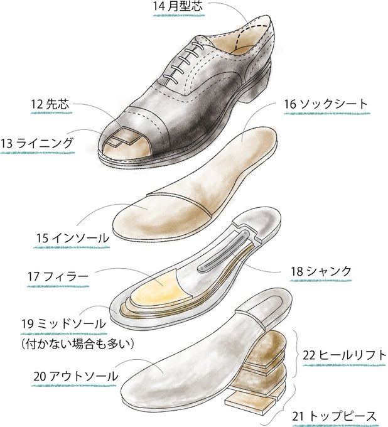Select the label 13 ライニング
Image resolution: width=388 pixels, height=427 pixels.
(x=37, y=143)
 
